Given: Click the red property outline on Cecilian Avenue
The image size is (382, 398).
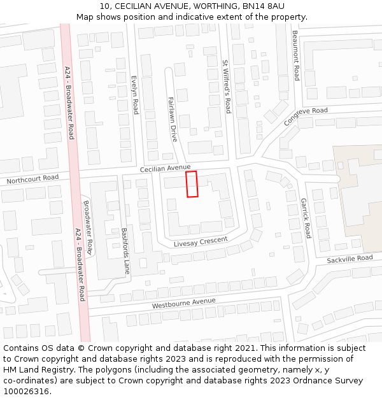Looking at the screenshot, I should (x=192, y=184).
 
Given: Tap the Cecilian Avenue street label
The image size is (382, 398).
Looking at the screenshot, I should (x=166, y=167).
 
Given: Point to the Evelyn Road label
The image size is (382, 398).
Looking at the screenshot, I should (x=134, y=95).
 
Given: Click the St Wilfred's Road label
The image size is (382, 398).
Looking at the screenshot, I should (x=226, y=87).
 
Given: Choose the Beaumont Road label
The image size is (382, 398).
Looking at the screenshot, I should (x=295, y=55).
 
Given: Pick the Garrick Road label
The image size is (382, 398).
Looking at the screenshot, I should (x=306, y=218).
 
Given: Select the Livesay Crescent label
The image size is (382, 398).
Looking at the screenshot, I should (x=201, y=242).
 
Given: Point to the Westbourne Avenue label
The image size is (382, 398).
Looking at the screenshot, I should (x=183, y=303).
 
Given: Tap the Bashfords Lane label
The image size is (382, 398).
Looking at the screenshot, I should (x=125, y=251).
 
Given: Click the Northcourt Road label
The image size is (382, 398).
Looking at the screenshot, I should (x=32, y=180).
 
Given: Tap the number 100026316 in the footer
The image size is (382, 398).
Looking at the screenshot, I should (x=25, y=392).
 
